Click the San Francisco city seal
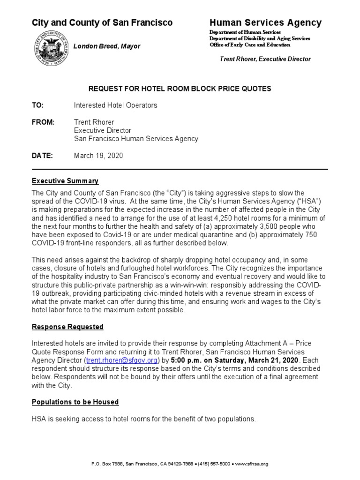(50, 48)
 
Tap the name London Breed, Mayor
(107, 46)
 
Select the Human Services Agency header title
(265, 22)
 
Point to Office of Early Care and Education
(249, 45)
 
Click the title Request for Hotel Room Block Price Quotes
(180, 88)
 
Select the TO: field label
(37, 105)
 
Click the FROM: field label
(43, 122)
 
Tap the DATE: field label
(42, 156)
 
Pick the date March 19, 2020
(98, 156)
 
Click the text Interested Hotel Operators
(115, 105)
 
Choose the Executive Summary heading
(65, 181)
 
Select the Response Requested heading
(67, 327)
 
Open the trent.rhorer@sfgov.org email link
(121, 360)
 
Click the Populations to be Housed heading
(75, 402)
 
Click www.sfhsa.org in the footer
(251, 464)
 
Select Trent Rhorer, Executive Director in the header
(265, 59)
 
